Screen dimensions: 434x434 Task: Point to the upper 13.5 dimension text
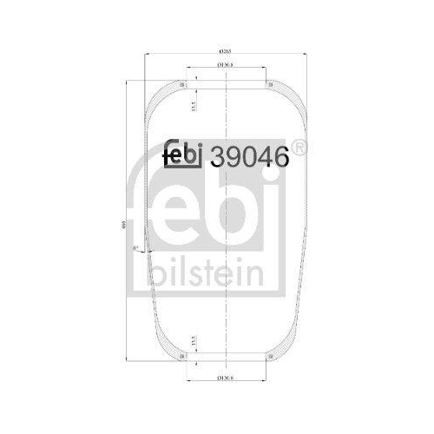(194, 103)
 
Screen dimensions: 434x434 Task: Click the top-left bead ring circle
(183, 85)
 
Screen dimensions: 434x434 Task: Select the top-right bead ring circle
(271, 85)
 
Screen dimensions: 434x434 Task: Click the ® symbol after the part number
(298, 148)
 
